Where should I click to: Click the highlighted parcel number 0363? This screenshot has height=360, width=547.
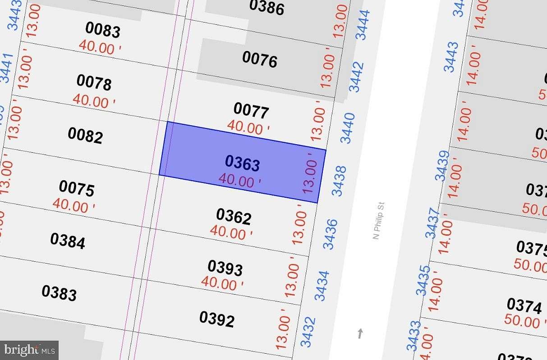tap(242, 163)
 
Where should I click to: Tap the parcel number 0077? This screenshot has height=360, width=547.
tap(251, 110)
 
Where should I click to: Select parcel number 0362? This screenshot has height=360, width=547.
tap(234, 216)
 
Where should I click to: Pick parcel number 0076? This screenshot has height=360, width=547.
tap(259, 59)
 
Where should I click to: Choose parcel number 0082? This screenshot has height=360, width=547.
tap(85, 135)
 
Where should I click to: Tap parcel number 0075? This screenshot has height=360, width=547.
tap(77, 188)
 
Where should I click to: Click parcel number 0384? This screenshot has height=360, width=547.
tap(68, 241)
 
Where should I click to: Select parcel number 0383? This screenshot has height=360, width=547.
tap(59, 292)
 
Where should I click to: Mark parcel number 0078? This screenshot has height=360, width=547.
tap(94, 82)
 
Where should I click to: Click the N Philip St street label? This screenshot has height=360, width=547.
tap(378, 221)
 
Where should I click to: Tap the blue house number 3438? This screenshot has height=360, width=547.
tap(339, 181)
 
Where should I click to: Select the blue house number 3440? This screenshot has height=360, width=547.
tap(348, 128)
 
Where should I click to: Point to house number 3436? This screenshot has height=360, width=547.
tap(330, 234)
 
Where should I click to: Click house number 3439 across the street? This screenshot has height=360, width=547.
tap(442, 165)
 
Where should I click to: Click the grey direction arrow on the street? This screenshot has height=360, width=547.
tap(360, 334)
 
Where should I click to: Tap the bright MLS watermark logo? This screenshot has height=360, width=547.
tap(29, 350)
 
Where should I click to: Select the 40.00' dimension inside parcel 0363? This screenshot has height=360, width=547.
tap(239, 181)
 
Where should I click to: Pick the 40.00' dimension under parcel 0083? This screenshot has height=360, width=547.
tap(100, 47)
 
